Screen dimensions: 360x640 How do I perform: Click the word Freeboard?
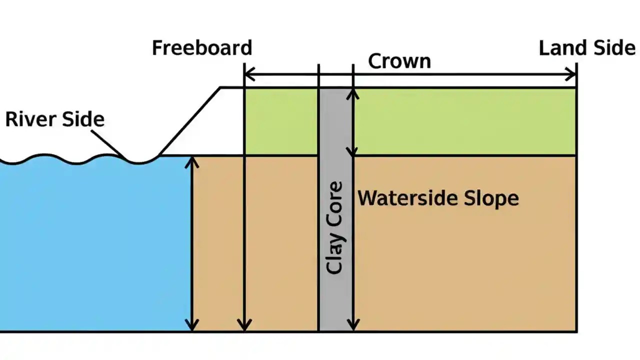pyautogui.click(x=202, y=48)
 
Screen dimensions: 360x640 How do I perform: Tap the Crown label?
pyautogui.click(x=399, y=61)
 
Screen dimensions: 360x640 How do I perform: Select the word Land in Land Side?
pyautogui.click(x=559, y=48)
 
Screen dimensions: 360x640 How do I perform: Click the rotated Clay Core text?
pyautogui.click(x=334, y=227)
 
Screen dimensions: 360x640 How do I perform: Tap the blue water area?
pyautogui.click(x=95, y=245)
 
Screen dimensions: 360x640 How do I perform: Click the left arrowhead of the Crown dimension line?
pyautogui.click(x=248, y=75)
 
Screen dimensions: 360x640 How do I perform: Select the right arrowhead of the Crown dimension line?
pyautogui.click(x=572, y=75)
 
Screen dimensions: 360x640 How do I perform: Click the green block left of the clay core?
pyautogui.click(x=281, y=121)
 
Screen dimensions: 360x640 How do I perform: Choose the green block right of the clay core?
pyautogui.click(x=465, y=121)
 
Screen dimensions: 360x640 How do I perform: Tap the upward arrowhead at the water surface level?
pyautogui.click(x=192, y=160)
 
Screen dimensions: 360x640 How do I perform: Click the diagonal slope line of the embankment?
pyautogui.click(x=190, y=121)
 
